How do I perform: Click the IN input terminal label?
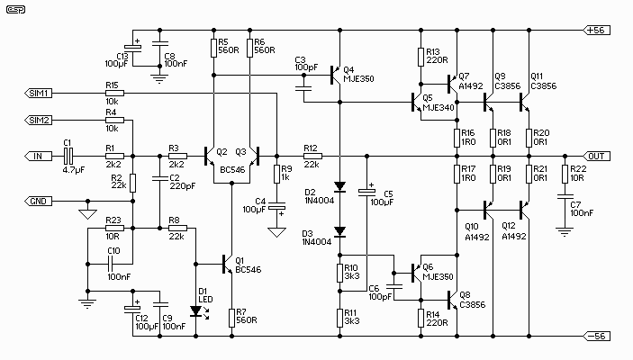(x=38, y=156)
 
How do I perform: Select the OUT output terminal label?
(x=597, y=156)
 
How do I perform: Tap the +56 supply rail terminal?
(x=597, y=29)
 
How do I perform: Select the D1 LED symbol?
(x=195, y=311)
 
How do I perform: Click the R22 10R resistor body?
(x=565, y=173)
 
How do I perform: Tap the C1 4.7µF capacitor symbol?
(x=68, y=156)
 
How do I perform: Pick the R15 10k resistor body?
(x=113, y=93)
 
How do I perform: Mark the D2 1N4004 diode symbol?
(x=339, y=188)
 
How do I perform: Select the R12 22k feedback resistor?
(x=312, y=156)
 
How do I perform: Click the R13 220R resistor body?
(x=420, y=58)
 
